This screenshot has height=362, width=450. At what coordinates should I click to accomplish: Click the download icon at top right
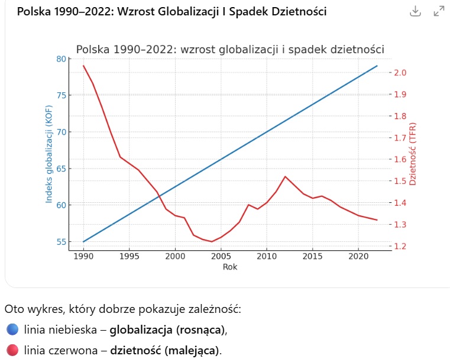coord(415,11)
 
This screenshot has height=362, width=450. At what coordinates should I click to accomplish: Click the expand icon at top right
coord(439,11)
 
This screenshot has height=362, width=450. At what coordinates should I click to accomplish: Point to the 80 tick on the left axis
coord(61,59)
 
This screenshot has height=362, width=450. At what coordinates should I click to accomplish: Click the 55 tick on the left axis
coord(61,242)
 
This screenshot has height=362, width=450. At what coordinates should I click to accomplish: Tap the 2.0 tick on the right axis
coord(400,73)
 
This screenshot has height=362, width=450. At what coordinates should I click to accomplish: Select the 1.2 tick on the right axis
coord(400,247)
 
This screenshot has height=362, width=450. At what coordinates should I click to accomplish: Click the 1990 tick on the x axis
coord(83,257)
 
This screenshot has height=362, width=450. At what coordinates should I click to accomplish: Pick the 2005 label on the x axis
coord(221,257)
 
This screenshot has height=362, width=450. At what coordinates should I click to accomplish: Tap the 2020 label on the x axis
coord(358,257)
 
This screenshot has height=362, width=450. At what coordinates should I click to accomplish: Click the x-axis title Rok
coord(230,267)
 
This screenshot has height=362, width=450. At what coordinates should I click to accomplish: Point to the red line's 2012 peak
coord(285,176)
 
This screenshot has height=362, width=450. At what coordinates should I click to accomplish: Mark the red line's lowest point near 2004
coord(212,241)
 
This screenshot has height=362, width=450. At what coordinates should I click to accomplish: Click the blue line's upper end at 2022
coord(377,66)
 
